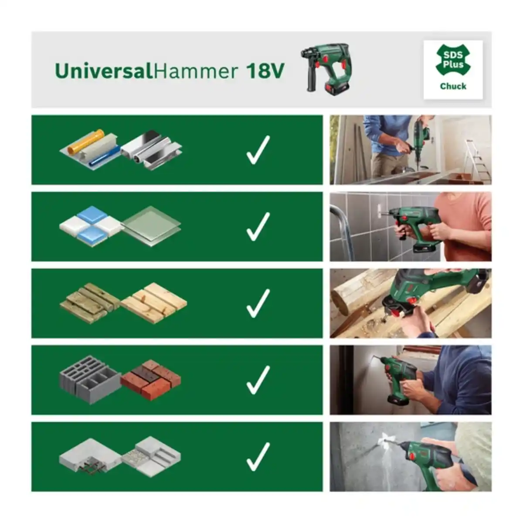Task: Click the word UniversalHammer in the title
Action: [146, 71]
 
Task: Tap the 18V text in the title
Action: [265, 71]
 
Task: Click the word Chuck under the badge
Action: [453, 86]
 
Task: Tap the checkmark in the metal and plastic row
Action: [258, 150]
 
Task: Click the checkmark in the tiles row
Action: [258, 227]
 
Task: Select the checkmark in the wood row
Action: [258, 303]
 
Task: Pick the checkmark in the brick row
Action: [258, 380]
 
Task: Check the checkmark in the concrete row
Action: [258, 457]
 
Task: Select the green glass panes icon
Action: [151, 225]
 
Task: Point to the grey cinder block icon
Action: [89, 379]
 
